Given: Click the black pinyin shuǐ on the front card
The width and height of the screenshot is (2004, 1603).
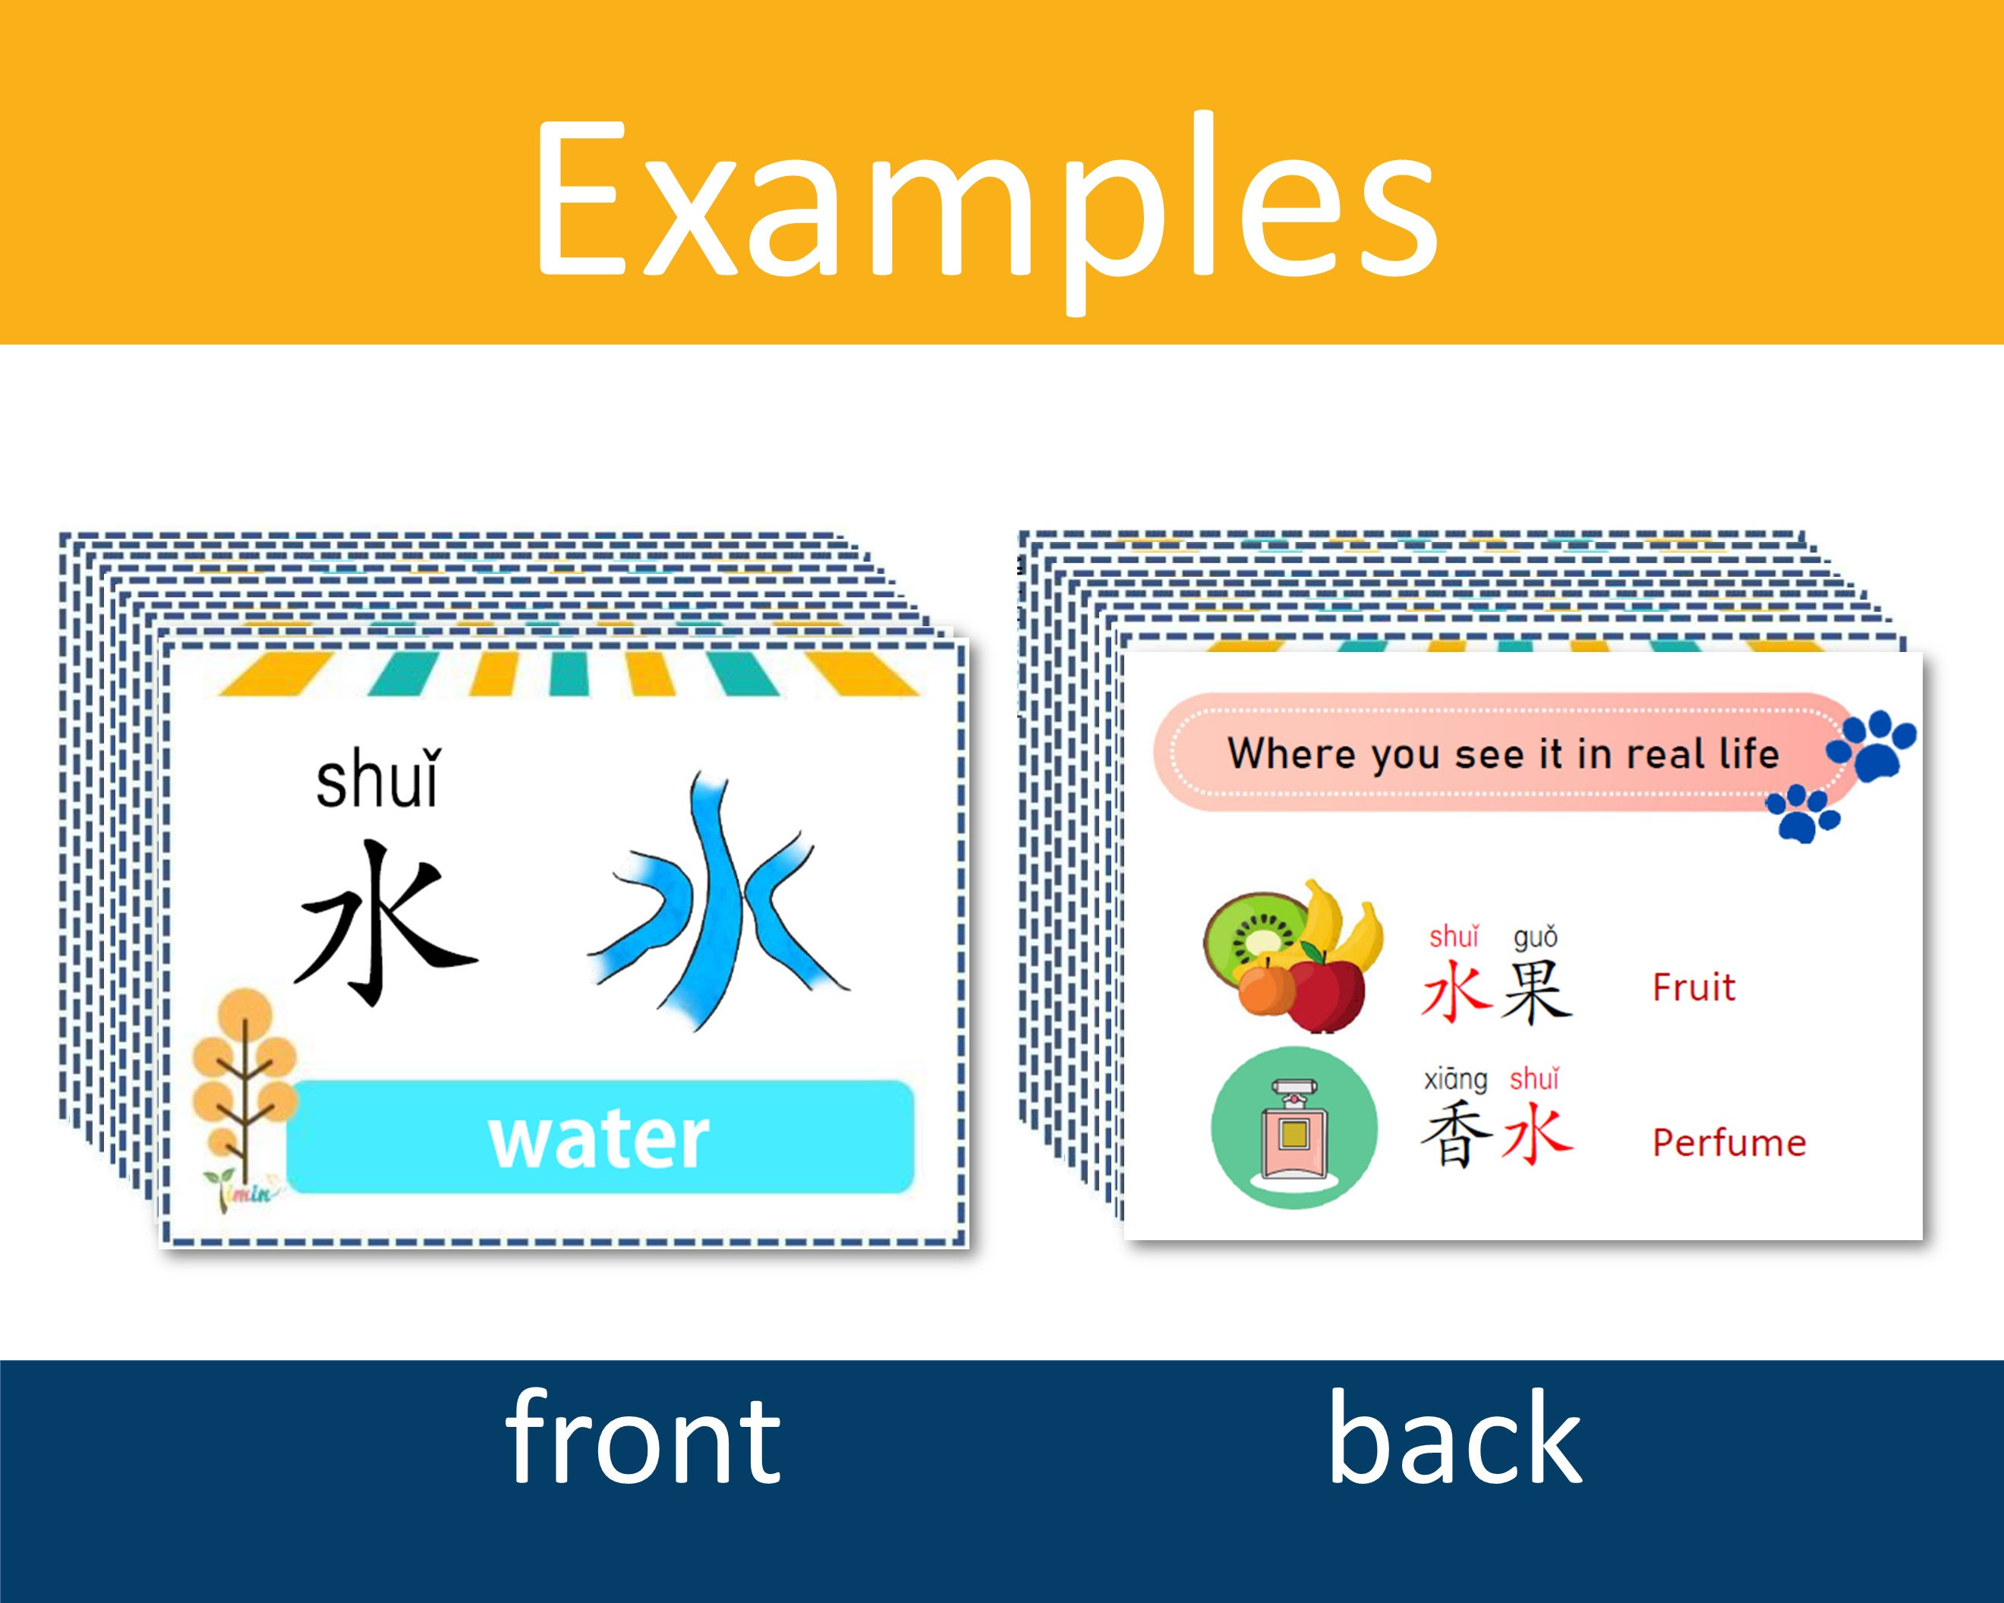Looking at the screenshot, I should [x=377, y=780].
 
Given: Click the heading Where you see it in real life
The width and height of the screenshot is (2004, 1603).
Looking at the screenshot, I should [x=1502, y=753].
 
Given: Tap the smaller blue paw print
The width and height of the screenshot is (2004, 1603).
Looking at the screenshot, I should [x=1804, y=812].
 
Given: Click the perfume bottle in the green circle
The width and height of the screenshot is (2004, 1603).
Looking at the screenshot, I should [x=1293, y=1128].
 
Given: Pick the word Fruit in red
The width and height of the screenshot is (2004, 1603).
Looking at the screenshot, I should [x=1693, y=987].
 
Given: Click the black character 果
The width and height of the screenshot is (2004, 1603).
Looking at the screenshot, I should [x=1536, y=990].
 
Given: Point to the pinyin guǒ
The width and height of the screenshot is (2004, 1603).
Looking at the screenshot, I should [x=1536, y=937].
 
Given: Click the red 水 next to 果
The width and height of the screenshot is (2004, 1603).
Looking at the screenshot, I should [x=1456, y=990].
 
